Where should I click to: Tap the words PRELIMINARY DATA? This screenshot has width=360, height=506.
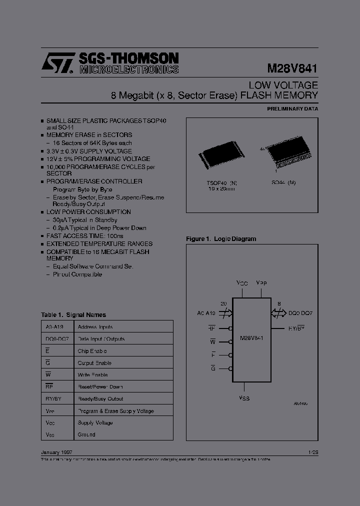(x=292, y=108)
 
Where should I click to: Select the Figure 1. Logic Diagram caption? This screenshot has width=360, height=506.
(x=221, y=239)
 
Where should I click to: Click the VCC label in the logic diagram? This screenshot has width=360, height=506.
(x=242, y=283)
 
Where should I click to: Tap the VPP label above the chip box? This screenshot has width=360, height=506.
(x=261, y=283)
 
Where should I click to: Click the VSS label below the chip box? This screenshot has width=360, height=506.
(x=244, y=398)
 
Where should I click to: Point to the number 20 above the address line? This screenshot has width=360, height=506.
(x=223, y=303)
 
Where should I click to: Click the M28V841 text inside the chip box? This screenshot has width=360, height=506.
(x=252, y=338)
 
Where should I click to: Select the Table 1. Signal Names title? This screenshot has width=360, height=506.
(x=73, y=315)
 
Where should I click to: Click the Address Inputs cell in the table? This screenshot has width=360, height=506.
(x=95, y=327)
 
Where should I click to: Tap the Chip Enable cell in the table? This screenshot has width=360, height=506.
(x=92, y=351)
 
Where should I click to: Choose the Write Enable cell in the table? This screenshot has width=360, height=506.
(x=92, y=375)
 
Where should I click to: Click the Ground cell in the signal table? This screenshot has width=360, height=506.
(x=86, y=434)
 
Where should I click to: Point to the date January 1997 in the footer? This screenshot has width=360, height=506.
(x=56, y=452)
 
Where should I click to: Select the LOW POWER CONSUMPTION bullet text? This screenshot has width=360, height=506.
(x=88, y=212)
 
